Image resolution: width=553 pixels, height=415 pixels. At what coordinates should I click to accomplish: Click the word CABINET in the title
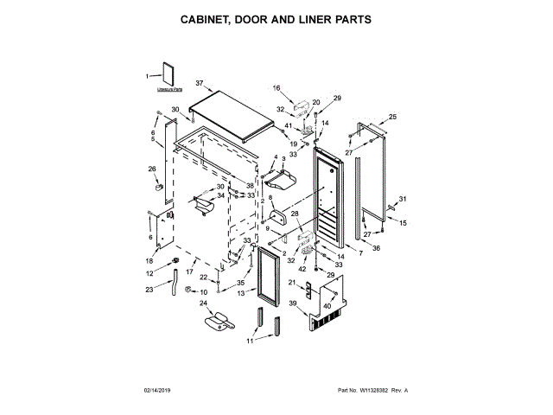[209, 18]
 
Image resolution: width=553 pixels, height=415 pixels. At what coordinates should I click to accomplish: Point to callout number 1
[147, 76]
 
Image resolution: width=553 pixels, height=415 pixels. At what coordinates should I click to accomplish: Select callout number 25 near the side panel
[392, 118]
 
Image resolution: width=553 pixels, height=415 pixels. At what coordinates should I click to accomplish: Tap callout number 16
[277, 88]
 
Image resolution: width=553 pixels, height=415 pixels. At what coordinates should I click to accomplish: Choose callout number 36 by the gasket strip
[376, 248]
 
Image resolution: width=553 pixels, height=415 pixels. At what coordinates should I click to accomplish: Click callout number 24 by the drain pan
[204, 303]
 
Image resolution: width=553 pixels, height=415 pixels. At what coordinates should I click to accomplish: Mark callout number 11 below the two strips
[251, 342]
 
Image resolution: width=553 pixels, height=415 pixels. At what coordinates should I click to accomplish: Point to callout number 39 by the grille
[293, 303]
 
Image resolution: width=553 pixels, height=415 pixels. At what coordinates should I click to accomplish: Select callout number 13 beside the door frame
[241, 293]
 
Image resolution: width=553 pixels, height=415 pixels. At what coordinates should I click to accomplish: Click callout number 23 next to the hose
[149, 289]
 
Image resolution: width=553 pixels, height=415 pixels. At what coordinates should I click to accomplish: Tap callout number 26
[152, 169]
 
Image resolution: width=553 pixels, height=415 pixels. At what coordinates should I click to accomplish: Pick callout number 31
[402, 200]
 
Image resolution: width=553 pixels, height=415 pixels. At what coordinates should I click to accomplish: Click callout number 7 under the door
[335, 252]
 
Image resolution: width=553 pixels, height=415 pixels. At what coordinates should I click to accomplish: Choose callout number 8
[270, 199]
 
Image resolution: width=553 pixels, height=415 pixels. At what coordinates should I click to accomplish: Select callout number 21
[291, 283]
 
